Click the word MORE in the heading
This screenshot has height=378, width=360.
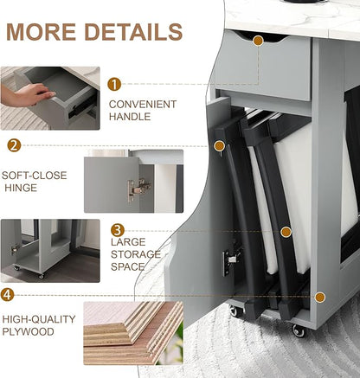[x=41, y=31]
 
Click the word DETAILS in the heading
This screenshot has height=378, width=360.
[x=133, y=31]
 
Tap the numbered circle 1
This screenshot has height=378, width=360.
[x=114, y=84]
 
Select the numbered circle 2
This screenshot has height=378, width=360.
[x=14, y=145]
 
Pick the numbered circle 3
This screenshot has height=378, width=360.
[x=118, y=230]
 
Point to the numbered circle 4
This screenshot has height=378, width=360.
[x=7, y=295]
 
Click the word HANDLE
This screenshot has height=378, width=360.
[x=130, y=117]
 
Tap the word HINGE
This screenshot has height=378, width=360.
[x=21, y=188]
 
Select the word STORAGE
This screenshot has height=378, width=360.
[x=136, y=254]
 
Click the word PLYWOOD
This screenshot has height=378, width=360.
[x=29, y=331]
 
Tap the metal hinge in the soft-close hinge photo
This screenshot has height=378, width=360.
[x=139, y=189]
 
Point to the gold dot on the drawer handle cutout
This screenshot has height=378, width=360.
[x=258, y=41]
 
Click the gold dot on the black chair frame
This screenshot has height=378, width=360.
[x=286, y=232]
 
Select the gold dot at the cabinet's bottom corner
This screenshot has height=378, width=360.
[x=319, y=297]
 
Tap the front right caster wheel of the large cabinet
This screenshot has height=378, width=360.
[x=299, y=331]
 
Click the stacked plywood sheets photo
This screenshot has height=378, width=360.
[x=133, y=333]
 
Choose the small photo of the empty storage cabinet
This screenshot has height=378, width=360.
[x=50, y=251]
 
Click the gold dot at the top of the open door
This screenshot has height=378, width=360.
[x=220, y=146]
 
